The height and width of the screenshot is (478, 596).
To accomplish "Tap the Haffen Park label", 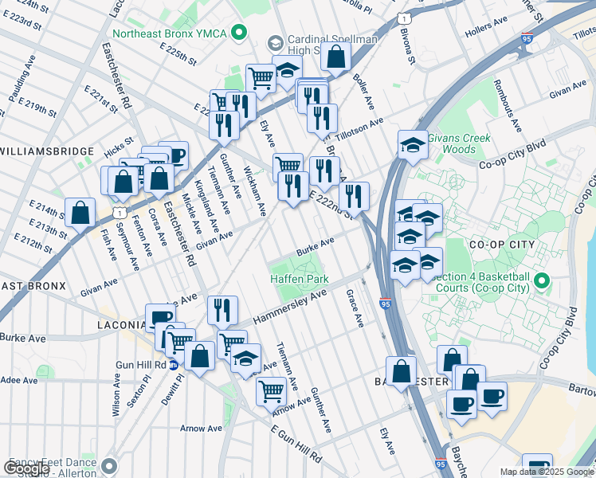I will point(299,280).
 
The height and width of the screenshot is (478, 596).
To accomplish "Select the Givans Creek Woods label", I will point(457,143).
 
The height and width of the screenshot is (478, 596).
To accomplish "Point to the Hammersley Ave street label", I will point(291,307).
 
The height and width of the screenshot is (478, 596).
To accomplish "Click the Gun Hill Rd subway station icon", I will point(172,365).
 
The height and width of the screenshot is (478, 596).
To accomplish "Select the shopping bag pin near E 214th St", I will point(80,214).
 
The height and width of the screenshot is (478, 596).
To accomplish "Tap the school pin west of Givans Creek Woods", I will point(412,145).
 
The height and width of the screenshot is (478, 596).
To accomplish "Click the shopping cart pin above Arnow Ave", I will point(271,392).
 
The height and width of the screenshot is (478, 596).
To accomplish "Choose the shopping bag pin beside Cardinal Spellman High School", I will point(337,58).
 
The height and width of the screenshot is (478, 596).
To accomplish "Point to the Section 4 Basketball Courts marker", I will point(543,280).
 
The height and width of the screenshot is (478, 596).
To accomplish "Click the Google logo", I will point(27,468).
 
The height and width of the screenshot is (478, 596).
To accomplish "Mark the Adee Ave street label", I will point(19,381).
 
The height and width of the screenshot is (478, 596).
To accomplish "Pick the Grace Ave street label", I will point(355,309).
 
